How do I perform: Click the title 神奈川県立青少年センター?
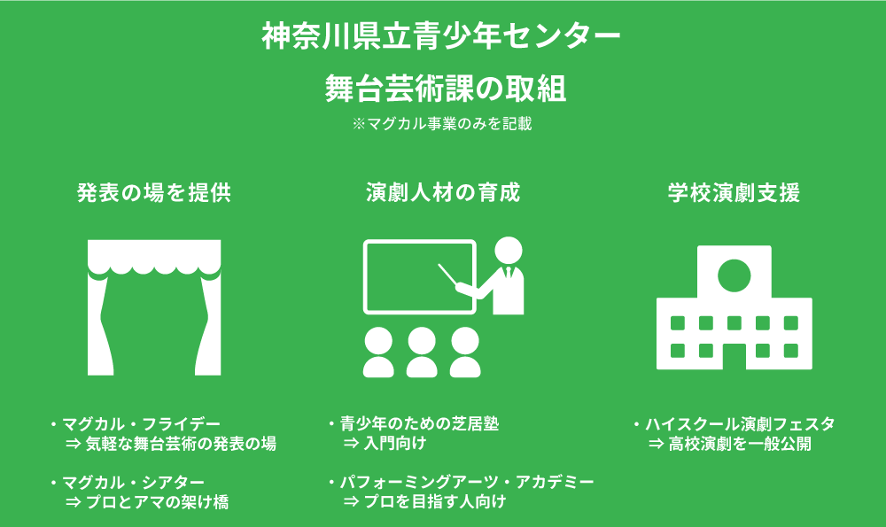coord(440,36)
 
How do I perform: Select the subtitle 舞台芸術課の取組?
coord(446,89)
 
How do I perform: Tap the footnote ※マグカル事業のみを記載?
coord(442,124)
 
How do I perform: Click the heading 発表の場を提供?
coord(154,192)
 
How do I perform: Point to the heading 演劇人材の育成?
coord(443,192)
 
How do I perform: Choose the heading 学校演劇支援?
coord(734,192)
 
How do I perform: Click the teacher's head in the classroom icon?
coord(508,251)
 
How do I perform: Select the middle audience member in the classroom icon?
coord(422,353)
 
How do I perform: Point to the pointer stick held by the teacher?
coord(448,275)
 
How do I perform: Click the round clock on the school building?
coord(734,276)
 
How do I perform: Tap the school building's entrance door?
coord(734,356)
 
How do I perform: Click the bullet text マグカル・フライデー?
coord(141,423)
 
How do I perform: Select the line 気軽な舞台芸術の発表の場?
coord(181,444)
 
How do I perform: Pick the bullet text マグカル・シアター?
coord(134,483)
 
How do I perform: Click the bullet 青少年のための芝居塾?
coord(419,423)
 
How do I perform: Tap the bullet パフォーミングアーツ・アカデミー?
coord(467,483)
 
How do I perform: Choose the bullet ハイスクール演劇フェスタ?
coord(740,423)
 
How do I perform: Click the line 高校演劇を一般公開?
coord(740,444)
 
